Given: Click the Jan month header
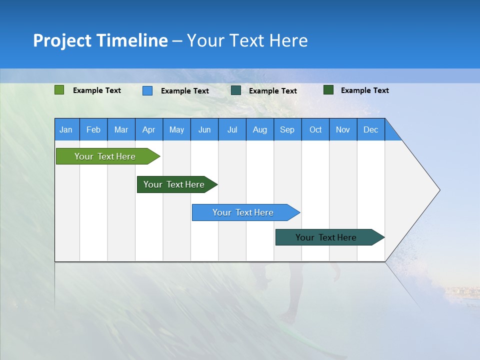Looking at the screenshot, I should (x=66, y=129).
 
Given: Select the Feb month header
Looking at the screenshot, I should (x=93, y=129).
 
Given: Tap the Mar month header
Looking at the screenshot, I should (x=121, y=129).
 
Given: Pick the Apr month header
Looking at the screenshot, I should (x=149, y=129).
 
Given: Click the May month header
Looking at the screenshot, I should (x=176, y=129).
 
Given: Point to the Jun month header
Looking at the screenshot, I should (x=204, y=129).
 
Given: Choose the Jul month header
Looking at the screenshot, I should (x=232, y=129).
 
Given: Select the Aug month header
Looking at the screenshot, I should (x=260, y=129).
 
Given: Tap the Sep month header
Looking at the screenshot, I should (x=287, y=129).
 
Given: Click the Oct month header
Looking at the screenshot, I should (x=315, y=129).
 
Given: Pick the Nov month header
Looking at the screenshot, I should (x=343, y=129).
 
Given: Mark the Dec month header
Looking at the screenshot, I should (x=371, y=129).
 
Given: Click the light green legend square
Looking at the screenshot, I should (x=59, y=90).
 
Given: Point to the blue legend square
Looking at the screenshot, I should (x=147, y=90).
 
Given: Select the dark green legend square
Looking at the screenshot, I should (x=328, y=90).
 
